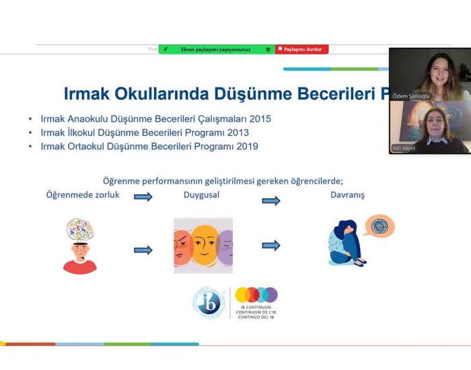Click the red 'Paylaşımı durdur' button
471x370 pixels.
tap(301, 49)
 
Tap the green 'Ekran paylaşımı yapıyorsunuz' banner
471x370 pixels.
tap(216, 49)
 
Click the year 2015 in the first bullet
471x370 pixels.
tap(259, 119)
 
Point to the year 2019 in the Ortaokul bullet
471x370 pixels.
tap(245, 146)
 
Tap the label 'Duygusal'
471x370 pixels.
tap(202, 195)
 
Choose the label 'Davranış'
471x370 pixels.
tap(347, 195)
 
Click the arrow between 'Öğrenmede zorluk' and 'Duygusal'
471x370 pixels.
tap(143, 196)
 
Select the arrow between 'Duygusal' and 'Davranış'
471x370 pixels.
tap(271, 200)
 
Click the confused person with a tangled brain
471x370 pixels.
tap(79, 246)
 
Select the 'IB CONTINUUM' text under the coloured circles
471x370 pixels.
tap(256, 307)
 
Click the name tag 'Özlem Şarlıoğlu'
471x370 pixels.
tap(410, 96)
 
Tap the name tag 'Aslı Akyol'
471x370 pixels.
tap(404, 148)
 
